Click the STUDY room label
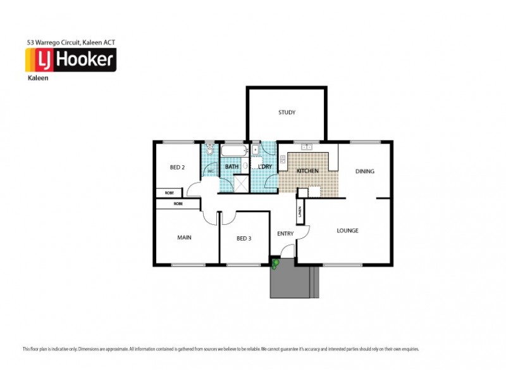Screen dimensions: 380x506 click(x=287, y=113)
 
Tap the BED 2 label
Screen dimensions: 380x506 click(x=177, y=168)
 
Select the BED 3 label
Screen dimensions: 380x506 click(x=244, y=238)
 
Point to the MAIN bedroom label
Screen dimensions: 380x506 click(x=184, y=237)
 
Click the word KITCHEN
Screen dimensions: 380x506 click(x=307, y=172)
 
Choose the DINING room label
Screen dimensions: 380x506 click(x=364, y=171)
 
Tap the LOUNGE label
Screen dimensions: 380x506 click(x=347, y=231)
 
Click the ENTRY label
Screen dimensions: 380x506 click(x=285, y=234)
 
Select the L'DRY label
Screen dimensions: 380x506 click(x=264, y=167)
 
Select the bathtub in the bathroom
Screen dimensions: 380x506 click(x=234, y=151)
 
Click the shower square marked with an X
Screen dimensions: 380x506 click(x=241, y=183)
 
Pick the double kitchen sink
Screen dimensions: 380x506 click(x=307, y=147)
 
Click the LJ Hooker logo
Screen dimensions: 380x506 click(x=70, y=60)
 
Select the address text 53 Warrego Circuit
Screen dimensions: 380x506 click(x=70, y=42)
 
